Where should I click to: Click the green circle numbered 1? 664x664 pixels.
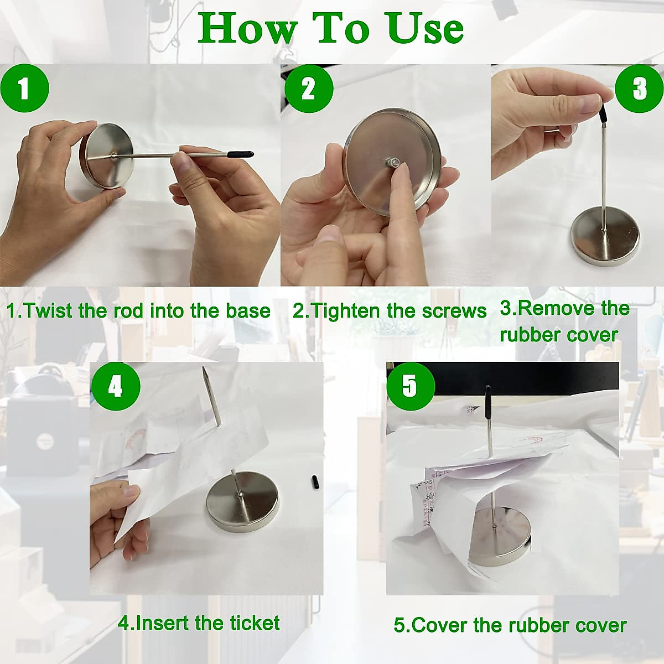coord(24,88)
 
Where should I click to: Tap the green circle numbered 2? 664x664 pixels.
coord(309,88)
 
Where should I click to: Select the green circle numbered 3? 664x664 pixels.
coord(639,88)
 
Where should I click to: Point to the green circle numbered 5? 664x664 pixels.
coord(411,386)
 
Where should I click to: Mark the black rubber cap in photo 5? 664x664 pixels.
coord(488,398)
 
